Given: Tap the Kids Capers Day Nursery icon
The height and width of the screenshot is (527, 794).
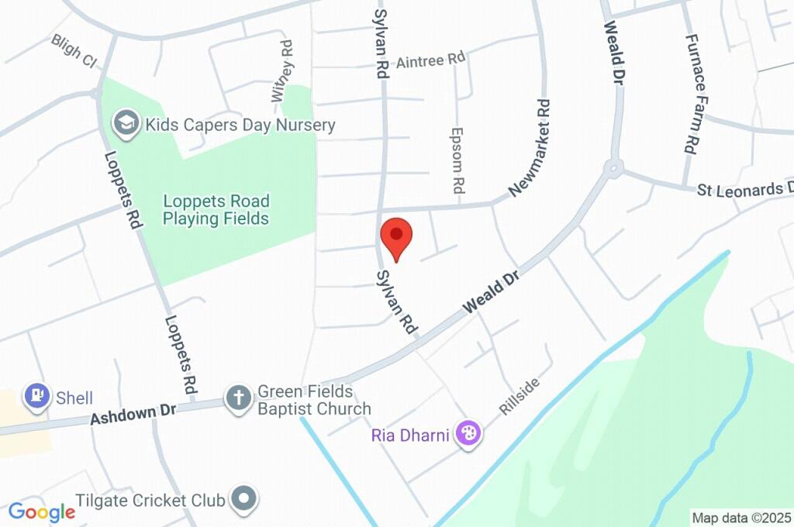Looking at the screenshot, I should pyautogui.click(x=124, y=122).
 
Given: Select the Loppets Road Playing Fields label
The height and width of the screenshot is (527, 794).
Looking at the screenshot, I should pyautogui.click(x=216, y=209).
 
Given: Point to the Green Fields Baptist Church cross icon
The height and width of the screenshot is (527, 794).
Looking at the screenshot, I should pyautogui.click(x=238, y=399).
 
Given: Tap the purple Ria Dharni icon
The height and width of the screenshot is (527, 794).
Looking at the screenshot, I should pyautogui.click(x=468, y=433).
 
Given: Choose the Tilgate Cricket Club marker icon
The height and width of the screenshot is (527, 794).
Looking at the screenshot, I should pyautogui.click(x=246, y=498).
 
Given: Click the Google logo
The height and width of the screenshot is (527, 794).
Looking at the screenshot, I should pyautogui.click(x=41, y=511).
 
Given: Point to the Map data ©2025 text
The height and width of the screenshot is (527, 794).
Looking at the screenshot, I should pyautogui.click(x=741, y=518).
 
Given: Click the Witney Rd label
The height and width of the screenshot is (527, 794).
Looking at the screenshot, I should pyautogui.click(x=282, y=71).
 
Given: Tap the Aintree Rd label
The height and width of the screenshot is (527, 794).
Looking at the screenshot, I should pyautogui.click(x=430, y=60).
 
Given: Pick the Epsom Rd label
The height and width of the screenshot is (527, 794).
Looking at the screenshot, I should pyautogui.click(x=457, y=160).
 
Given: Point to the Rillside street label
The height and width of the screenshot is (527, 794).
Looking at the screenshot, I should pyautogui.click(x=520, y=397).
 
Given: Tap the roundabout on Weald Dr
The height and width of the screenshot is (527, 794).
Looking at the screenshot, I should pyautogui.click(x=613, y=167).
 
